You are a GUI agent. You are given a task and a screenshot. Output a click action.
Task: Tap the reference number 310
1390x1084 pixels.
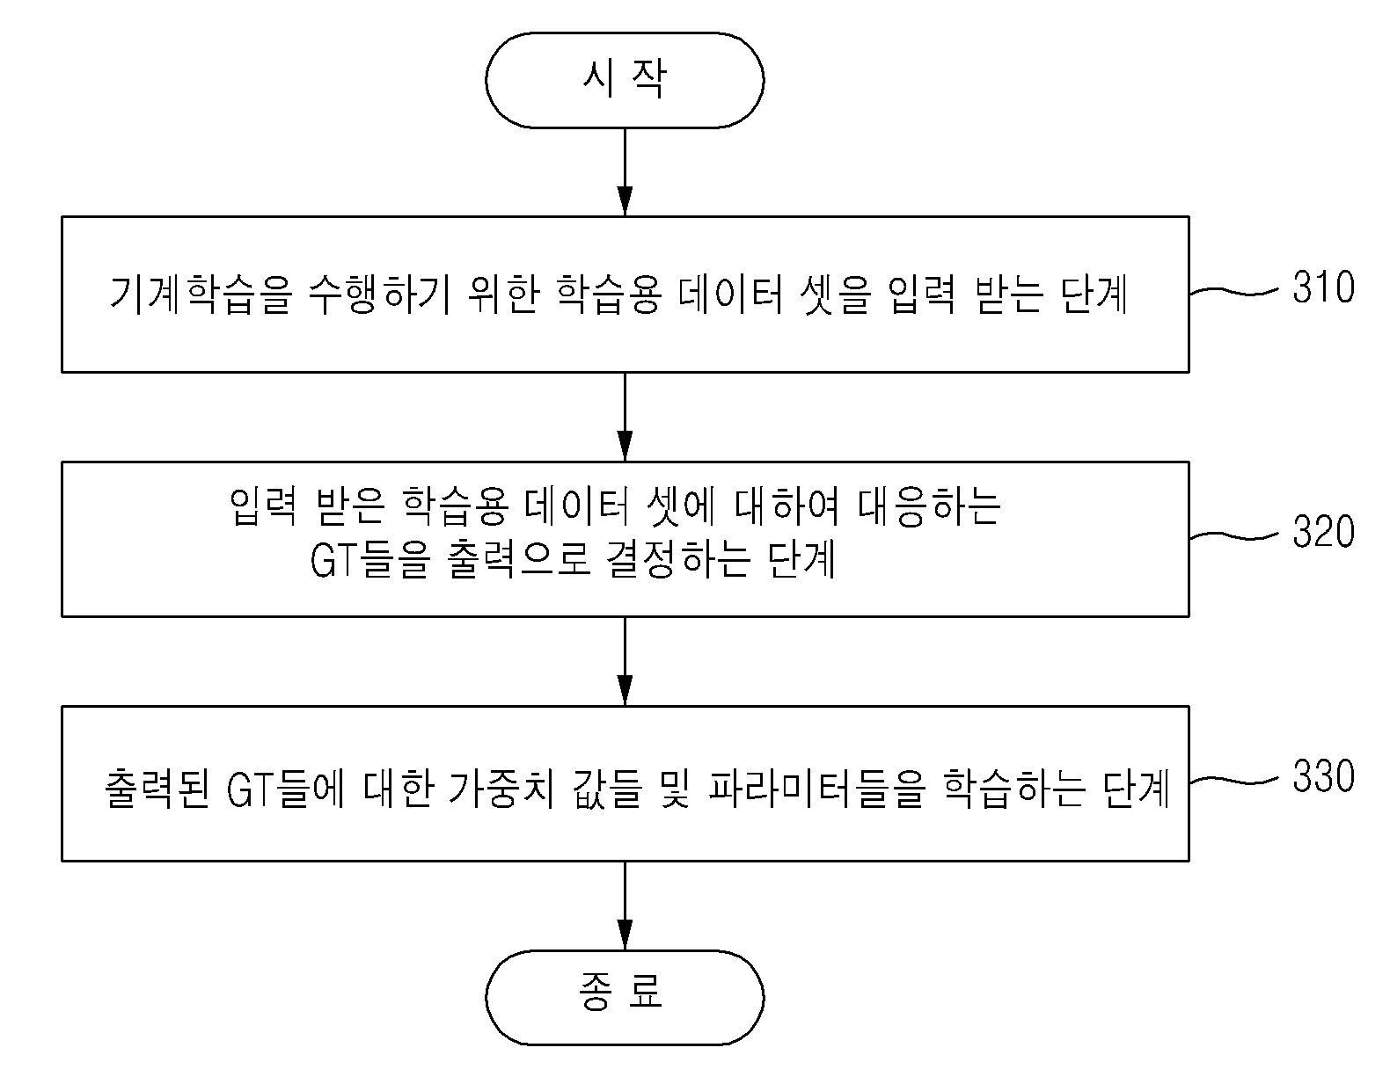[x=1323, y=287]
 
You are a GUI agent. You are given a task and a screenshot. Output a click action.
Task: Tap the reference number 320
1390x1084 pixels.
[x=1323, y=531]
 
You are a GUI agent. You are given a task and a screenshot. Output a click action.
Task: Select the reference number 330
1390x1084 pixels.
[x=1323, y=776]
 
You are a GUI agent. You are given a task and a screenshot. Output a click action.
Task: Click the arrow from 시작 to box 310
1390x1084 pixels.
[x=625, y=172]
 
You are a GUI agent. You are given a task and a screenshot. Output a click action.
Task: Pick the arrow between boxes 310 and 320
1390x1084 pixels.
[x=625, y=417]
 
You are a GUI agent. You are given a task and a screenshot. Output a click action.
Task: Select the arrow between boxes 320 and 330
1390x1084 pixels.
[x=625, y=661]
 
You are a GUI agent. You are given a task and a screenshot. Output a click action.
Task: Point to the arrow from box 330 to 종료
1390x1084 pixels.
[x=625, y=906]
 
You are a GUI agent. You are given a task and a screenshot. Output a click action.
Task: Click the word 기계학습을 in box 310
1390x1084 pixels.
[x=201, y=295]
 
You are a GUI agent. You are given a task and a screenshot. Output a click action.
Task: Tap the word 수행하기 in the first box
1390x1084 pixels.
[x=379, y=295]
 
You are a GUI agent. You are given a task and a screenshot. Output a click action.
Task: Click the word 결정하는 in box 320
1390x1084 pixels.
[x=678, y=559]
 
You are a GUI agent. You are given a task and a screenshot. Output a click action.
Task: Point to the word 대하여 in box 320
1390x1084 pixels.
[x=787, y=507]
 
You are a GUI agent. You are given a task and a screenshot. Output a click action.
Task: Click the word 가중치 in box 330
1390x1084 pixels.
[x=501, y=788]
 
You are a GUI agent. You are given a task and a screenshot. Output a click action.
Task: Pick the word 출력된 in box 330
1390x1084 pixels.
[x=157, y=788]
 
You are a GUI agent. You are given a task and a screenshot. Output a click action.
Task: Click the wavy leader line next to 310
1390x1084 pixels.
[x=1234, y=292]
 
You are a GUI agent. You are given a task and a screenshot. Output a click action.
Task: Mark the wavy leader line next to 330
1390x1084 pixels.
[x=1234, y=780]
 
